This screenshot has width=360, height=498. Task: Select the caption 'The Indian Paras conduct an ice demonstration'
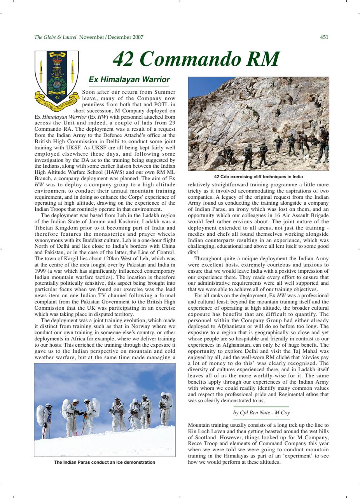coord(105,462)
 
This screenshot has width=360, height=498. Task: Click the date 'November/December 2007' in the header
coord(111,37)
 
